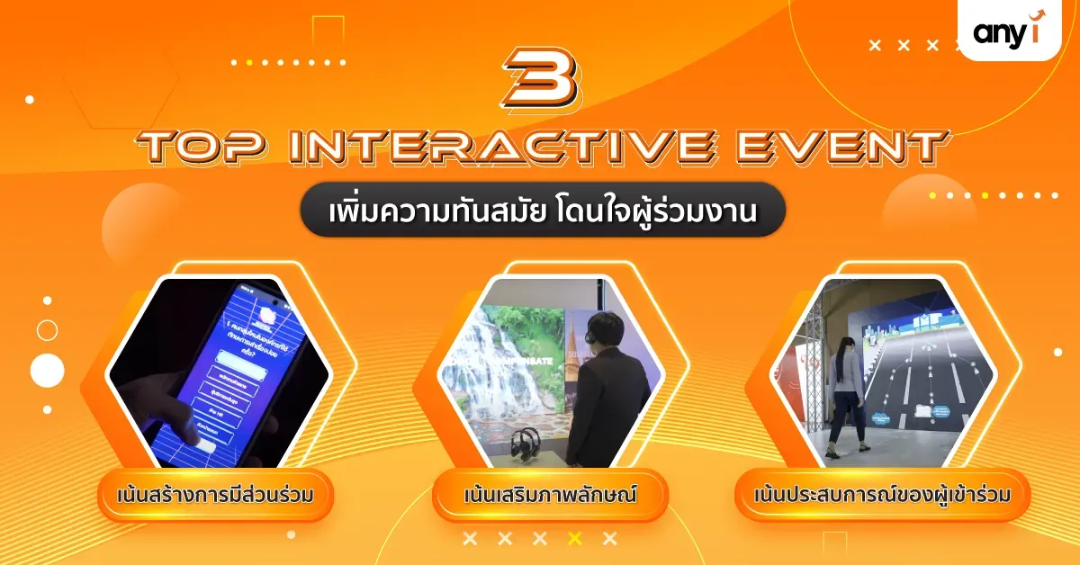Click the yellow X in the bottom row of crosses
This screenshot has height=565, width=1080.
pyautogui.click(x=575, y=539)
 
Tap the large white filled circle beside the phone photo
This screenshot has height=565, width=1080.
pyautogui.click(x=47, y=370)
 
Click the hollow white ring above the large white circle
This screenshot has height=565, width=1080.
pyautogui.click(x=47, y=330)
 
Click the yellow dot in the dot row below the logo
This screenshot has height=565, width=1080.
pyautogui.click(x=985, y=195)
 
